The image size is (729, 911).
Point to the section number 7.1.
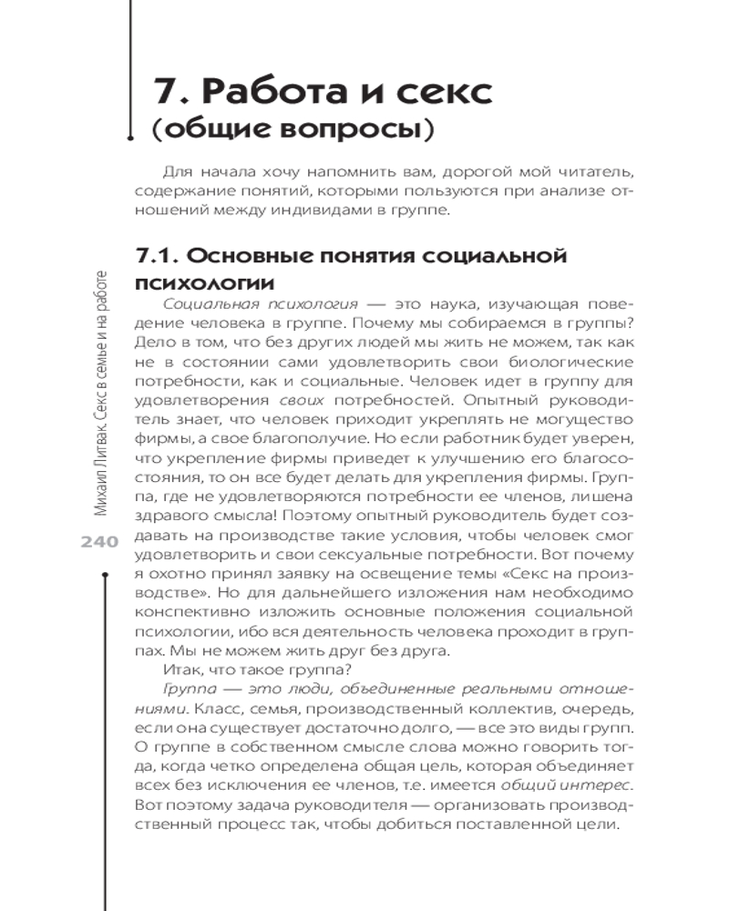pyautogui.click(x=159, y=256)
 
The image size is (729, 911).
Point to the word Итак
pyautogui.click(x=174, y=675)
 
